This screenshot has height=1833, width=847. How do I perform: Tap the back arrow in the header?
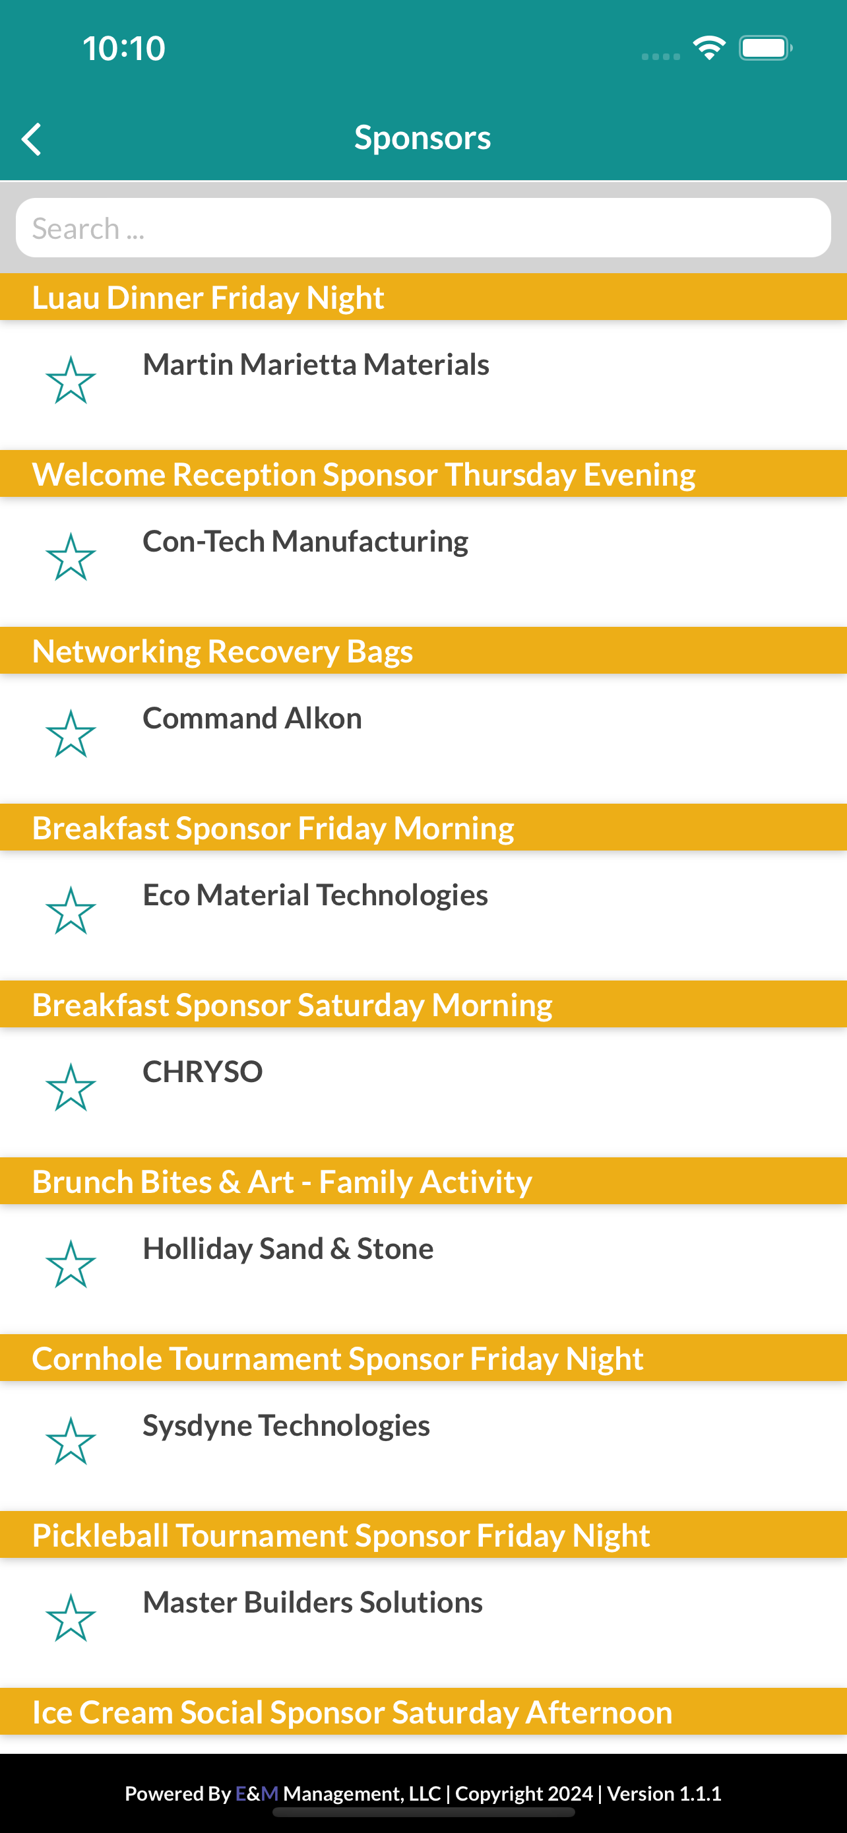click(x=31, y=139)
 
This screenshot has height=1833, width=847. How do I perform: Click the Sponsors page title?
click(x=422, y=137)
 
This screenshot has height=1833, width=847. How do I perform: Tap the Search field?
click(x=423, y=228)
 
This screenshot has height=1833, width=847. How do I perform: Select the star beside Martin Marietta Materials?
click(x=71, y=380)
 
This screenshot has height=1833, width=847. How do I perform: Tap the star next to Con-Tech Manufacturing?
click(x=71, y=556)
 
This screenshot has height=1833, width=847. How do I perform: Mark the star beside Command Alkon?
click(x=71, y=734)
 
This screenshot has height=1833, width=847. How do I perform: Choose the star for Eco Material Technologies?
click(x=71, y=910)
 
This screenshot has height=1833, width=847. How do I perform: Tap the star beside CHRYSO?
click(x=71, y=1087)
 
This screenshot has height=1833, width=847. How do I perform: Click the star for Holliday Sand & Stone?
click(x=71, y=1264)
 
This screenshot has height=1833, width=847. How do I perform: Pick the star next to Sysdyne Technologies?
click(x=71, y=1441)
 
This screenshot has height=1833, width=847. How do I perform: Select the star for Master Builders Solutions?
click(x=71, y=1617)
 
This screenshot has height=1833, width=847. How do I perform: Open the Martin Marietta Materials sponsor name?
click(x=316, y=364)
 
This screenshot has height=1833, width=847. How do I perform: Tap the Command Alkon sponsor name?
click(x=253, y=718)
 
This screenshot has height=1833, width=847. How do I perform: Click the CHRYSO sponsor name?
click(x=203, y=1072)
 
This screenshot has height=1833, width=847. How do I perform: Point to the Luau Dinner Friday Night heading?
click(x=208, y=298)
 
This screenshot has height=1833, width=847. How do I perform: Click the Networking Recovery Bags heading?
click(x=222, y=652)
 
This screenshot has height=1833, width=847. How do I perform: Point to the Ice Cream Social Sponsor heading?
click(x=352, y=1712)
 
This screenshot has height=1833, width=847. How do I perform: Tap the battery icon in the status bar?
click(x=765, y=48)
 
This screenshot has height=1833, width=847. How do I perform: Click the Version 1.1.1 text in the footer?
click(x=664, y=1793)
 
